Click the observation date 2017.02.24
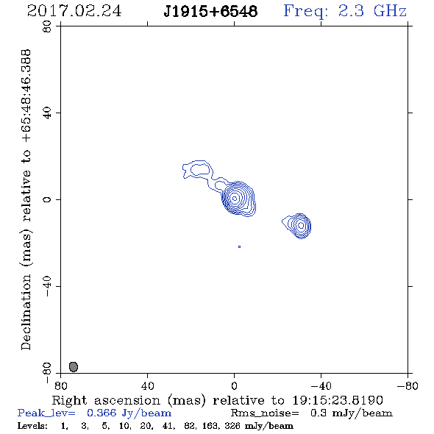[74, 11]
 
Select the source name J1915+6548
[210, 11]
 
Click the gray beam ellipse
[74, 367]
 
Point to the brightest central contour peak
[235, 199]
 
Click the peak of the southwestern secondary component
[301, 226]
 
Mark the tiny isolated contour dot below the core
[239, 246]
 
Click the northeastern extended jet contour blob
[198, 169]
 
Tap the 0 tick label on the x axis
[234, 385]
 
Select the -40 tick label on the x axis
[321, 385]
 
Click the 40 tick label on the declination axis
[47, 113]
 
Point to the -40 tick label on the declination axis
[47, 286]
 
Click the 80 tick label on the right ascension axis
[60, 385]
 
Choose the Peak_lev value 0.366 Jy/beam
[129, 413]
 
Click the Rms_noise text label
[265, 413]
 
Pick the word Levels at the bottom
[32, 426]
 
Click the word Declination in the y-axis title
[26, 312]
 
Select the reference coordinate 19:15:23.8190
[338, 400]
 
